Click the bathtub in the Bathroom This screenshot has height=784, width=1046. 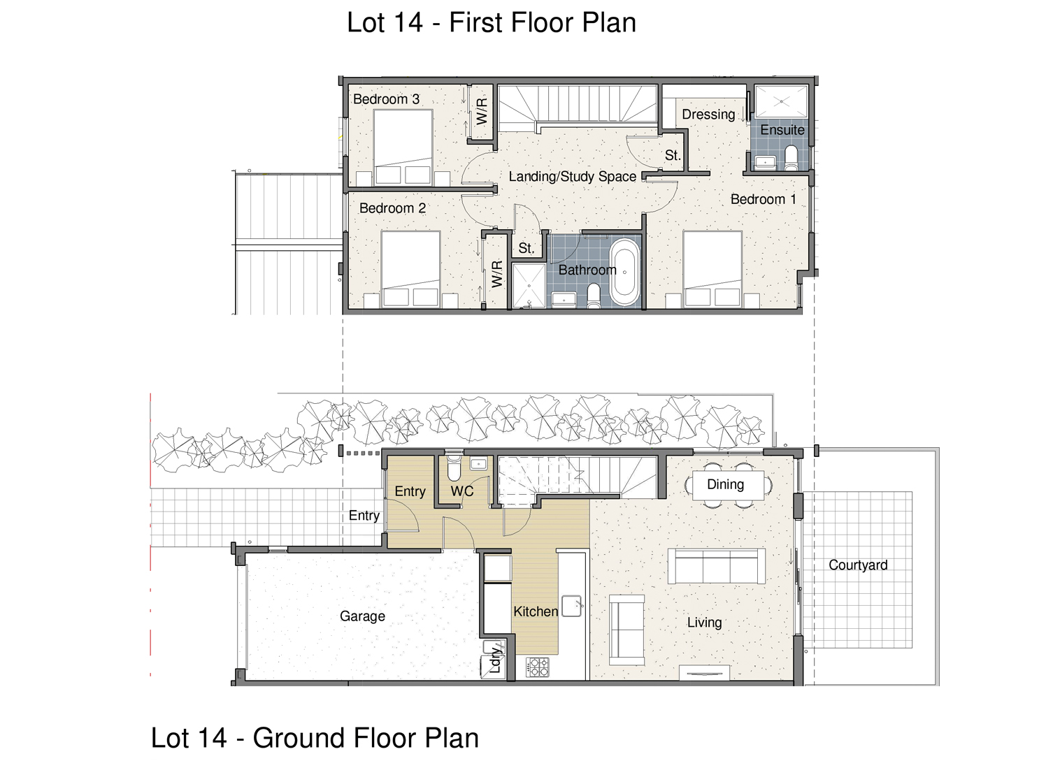click(625, 272)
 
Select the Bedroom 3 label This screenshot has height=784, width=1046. click(386, 99)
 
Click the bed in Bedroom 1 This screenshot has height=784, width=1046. click(712, 268)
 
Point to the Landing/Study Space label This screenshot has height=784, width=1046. click(573, 177)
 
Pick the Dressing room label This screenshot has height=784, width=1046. click(708, 114)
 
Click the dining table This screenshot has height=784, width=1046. click(728, 485)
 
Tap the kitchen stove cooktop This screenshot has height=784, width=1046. click(538, 667)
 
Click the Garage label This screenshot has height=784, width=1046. click(362, 616)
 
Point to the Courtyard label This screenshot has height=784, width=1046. click(858, 565)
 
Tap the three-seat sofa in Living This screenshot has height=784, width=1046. click(716, 566)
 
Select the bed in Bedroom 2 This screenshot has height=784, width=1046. click(410, 269)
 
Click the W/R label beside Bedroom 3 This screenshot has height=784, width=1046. click(482, 111)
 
